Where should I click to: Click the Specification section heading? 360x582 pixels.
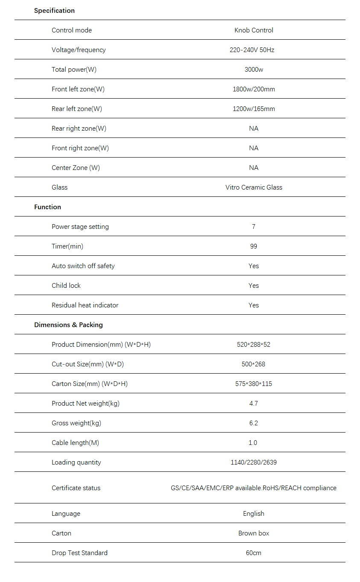[54, 11]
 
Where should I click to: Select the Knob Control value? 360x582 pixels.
[254, 30]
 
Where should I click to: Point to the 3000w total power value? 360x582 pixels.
[254, 70]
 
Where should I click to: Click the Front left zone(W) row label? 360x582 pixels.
[78, 89]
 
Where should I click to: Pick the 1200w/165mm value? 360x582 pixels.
[254, 109]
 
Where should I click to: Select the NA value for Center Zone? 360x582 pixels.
[254, 168]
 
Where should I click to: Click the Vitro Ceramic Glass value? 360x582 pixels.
[254, 187]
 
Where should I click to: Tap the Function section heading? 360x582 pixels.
[47, 207]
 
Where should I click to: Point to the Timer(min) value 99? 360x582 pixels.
[254, 246]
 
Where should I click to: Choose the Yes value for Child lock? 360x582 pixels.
[254, 286]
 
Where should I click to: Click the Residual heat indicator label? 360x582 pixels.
[85, 305]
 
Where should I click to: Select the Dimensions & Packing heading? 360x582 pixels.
[68, 325]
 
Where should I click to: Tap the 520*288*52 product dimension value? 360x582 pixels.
[254, 345]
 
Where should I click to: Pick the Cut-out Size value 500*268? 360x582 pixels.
[254, 364]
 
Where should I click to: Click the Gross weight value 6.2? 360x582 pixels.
[254, 423]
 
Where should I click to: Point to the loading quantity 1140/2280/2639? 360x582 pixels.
[254, 462]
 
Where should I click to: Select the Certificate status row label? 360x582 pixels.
[76, 488]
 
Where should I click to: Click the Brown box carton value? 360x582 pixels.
[254, 533]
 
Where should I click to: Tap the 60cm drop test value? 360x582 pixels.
[254, 553]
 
